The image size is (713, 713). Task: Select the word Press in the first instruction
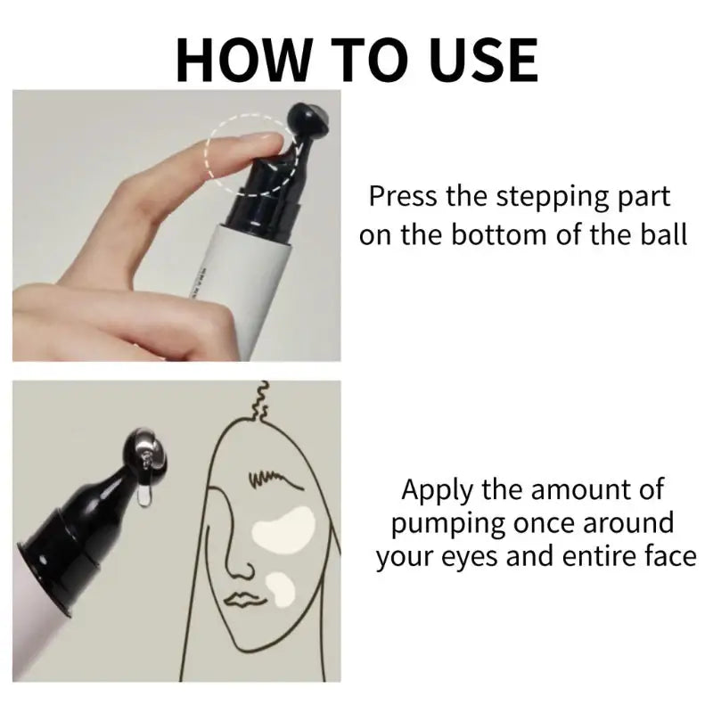tap(402, 196)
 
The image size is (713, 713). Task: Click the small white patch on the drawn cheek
tap(281, 590)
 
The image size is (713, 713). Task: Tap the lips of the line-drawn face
tap(242, 599)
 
